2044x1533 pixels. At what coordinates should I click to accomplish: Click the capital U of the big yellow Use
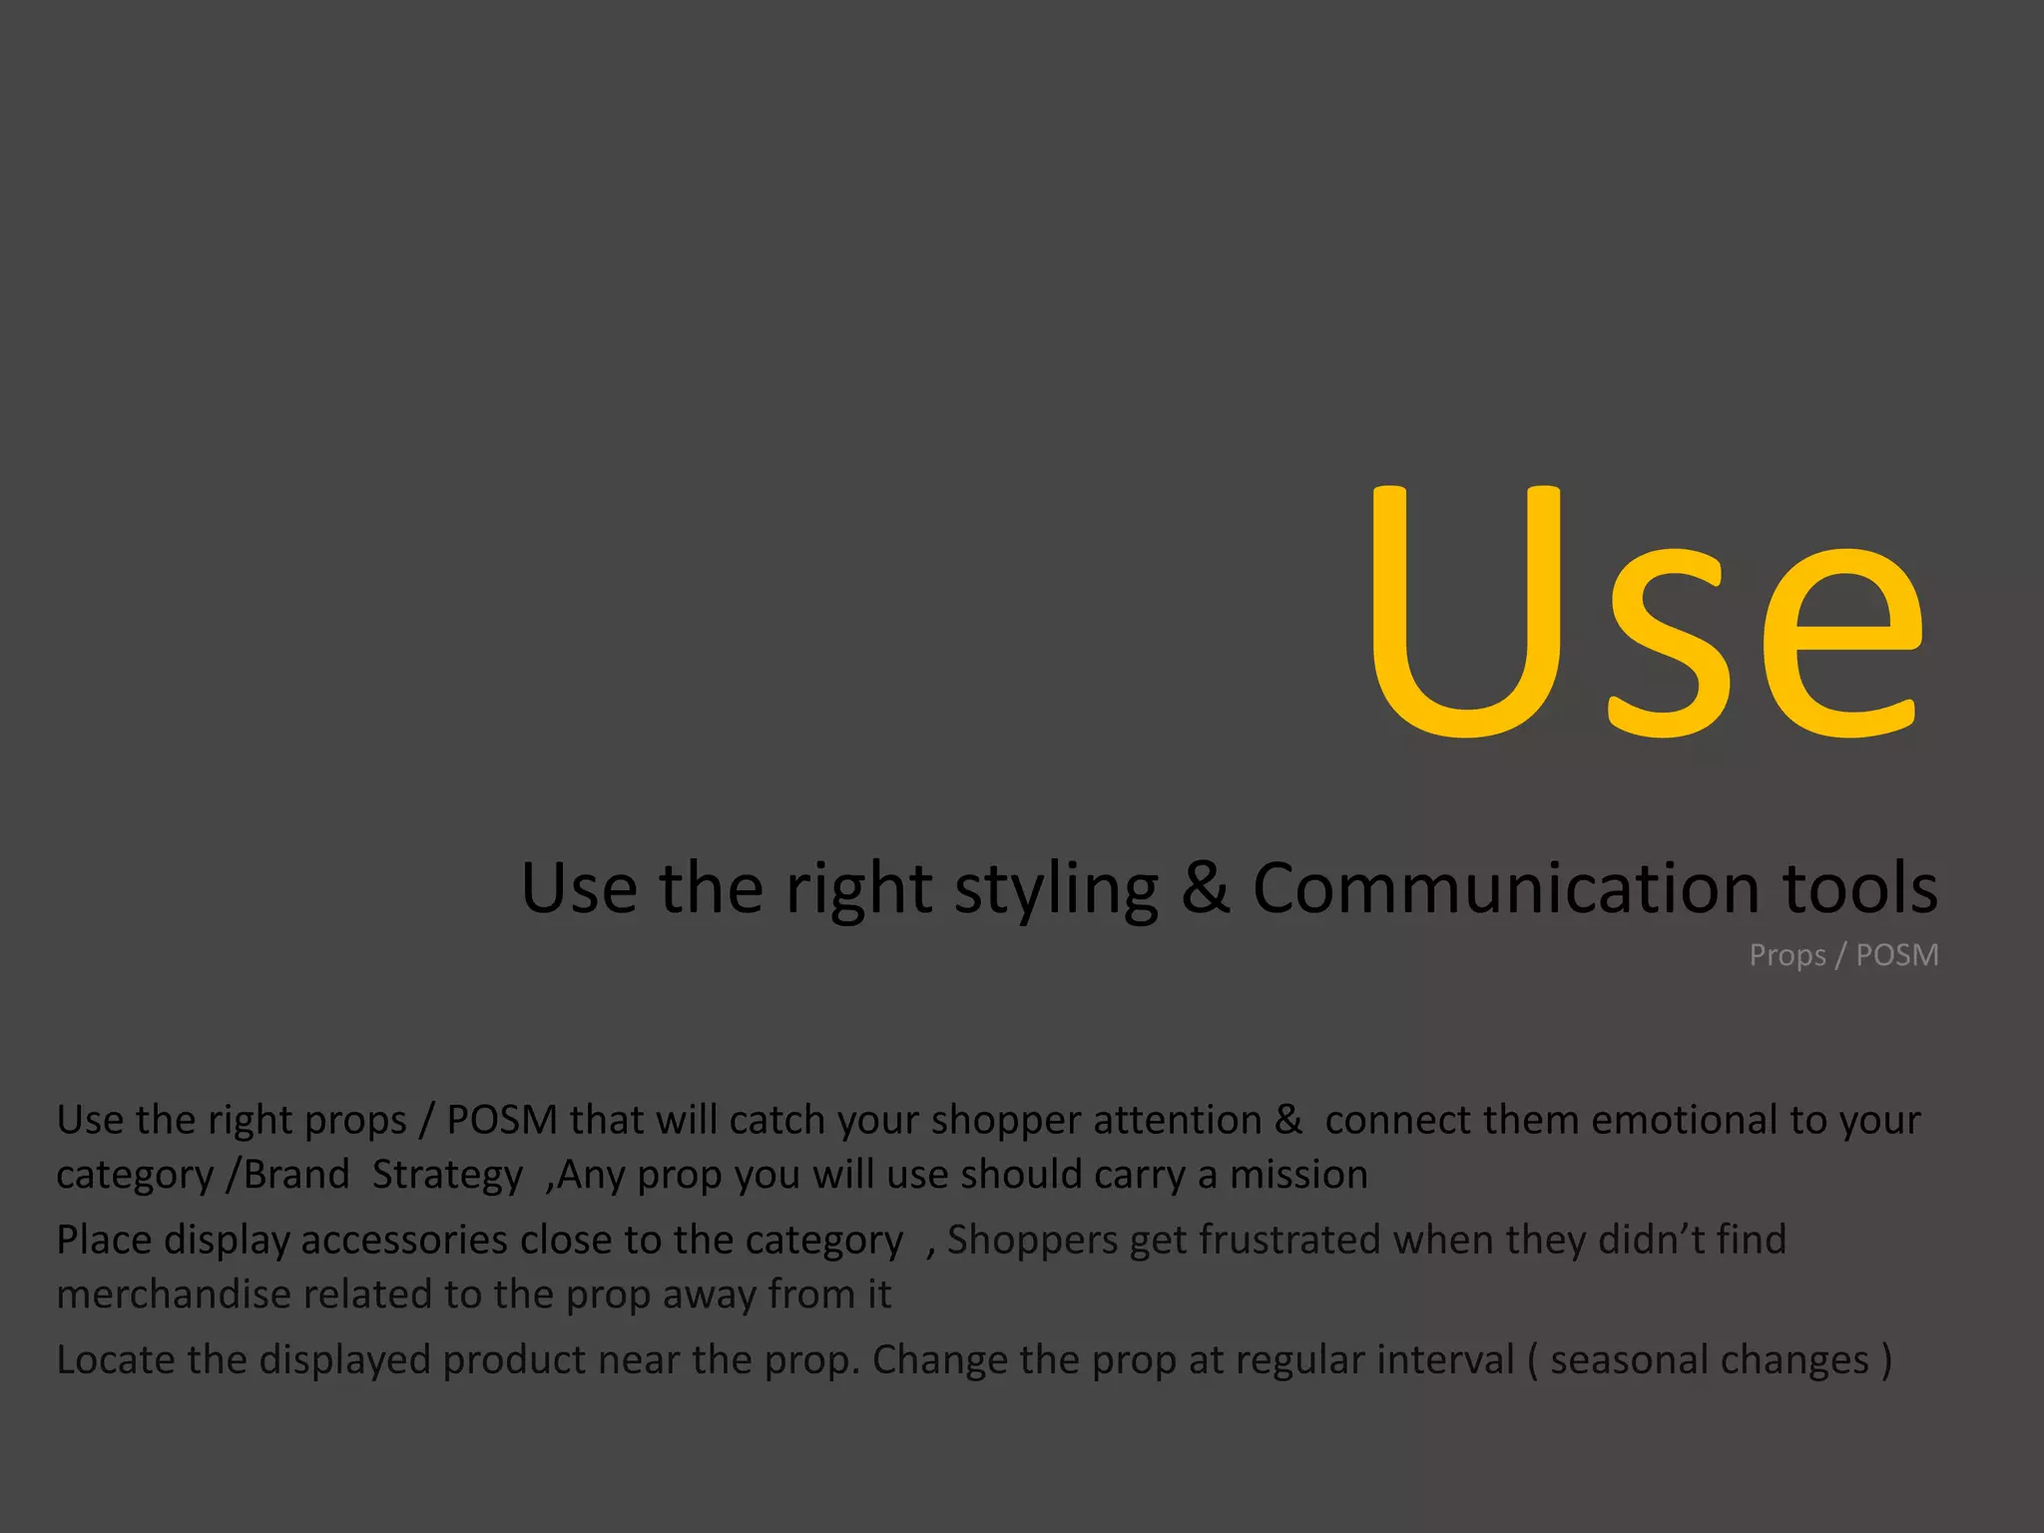tap(1465, 611)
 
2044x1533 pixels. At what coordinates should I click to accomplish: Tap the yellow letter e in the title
tap(1842, 644)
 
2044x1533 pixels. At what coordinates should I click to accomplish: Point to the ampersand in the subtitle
tap(1205, 887)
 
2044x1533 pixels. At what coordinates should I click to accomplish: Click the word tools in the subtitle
tap(1860, 887)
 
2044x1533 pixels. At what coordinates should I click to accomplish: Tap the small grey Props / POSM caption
tap(1843, 955)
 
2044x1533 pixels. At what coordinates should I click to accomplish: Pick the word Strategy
tap(447, 1176)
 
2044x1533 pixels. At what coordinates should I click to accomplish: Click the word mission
tap(1298, 1175)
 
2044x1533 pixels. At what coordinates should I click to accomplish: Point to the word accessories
tap(404, 1240)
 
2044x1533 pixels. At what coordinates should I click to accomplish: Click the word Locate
tap(116, 1359)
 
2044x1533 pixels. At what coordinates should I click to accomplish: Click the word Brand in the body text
tap(296, 1175)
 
